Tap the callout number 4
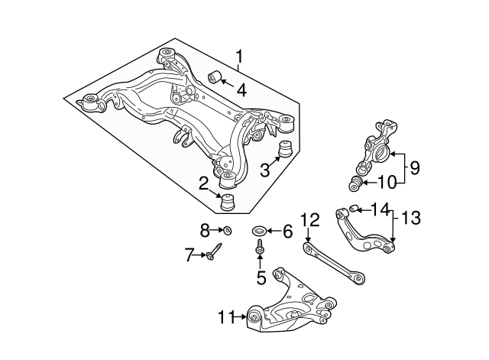241,89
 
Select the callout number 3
265,168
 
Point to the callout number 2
203,183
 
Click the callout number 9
414,167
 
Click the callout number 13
411,219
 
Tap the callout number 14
380,208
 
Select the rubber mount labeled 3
288,148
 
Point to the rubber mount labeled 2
226,204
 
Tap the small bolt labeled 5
261,249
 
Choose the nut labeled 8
227,230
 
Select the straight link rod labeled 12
332,261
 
